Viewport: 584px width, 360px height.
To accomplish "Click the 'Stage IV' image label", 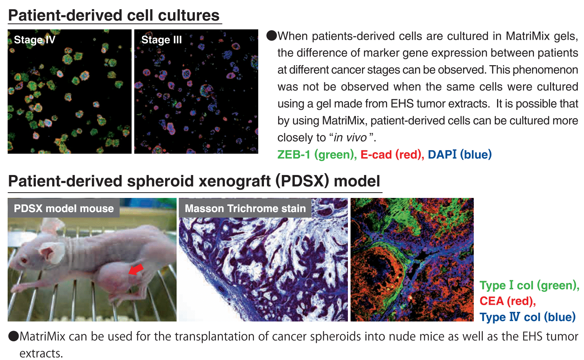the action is pyautogui.click(x=34, y=40).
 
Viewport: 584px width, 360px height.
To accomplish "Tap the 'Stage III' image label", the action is pyautogui.click(x=161, y=40).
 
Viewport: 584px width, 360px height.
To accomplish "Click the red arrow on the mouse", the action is pyautogui.click(x=136, y=269).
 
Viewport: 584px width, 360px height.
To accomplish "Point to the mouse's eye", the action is pyautogui.click(x=24, y=260).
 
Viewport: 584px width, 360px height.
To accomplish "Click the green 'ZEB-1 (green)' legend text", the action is pyautogui.click(x=317, y=154).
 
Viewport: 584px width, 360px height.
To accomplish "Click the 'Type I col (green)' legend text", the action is pyautogui.click(x=529, y=286).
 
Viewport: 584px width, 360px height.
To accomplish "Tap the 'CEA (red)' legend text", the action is pyautogui.click(x=508, y=301).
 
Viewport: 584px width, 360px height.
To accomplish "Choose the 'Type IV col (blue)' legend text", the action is pyautogui.click(x=528, y=317).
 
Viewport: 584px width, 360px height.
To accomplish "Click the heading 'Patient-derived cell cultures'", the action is pyautogui.click(x=114, y=15).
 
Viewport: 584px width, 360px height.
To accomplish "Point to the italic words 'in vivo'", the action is pyautogui.click(x=350, y=138).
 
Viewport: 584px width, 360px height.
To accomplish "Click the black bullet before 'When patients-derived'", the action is pyautogui.click(x=272, y=36).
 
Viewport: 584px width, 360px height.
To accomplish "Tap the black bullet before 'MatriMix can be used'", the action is pyautogui.click(x=14, y=336).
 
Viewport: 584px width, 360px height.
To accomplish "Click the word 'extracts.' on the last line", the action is pyautogui.click(x=41, y=354).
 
